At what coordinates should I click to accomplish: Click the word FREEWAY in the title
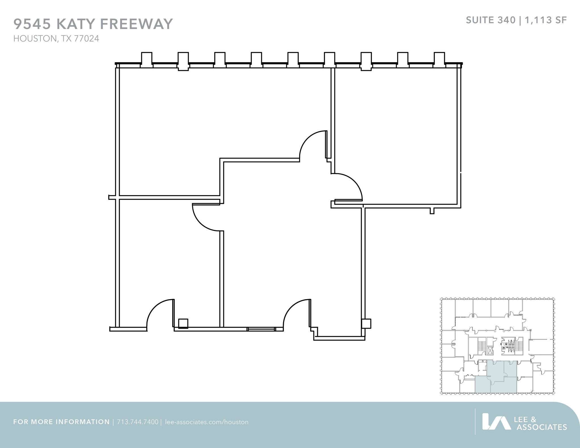(137, 24)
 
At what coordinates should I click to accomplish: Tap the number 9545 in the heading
(32, 24)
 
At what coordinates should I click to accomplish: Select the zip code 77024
(86, 38)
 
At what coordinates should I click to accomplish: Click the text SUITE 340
(491, 20)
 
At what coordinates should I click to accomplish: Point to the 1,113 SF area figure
(546, 20)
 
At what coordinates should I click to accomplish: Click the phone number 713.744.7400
(137, 422)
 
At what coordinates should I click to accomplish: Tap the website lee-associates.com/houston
(206, 422)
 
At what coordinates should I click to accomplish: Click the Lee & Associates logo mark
(496, 421)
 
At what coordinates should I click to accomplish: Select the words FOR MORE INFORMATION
(61, 422)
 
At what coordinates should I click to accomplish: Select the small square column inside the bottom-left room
(183, 323)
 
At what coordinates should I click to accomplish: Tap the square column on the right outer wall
(366, 323)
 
